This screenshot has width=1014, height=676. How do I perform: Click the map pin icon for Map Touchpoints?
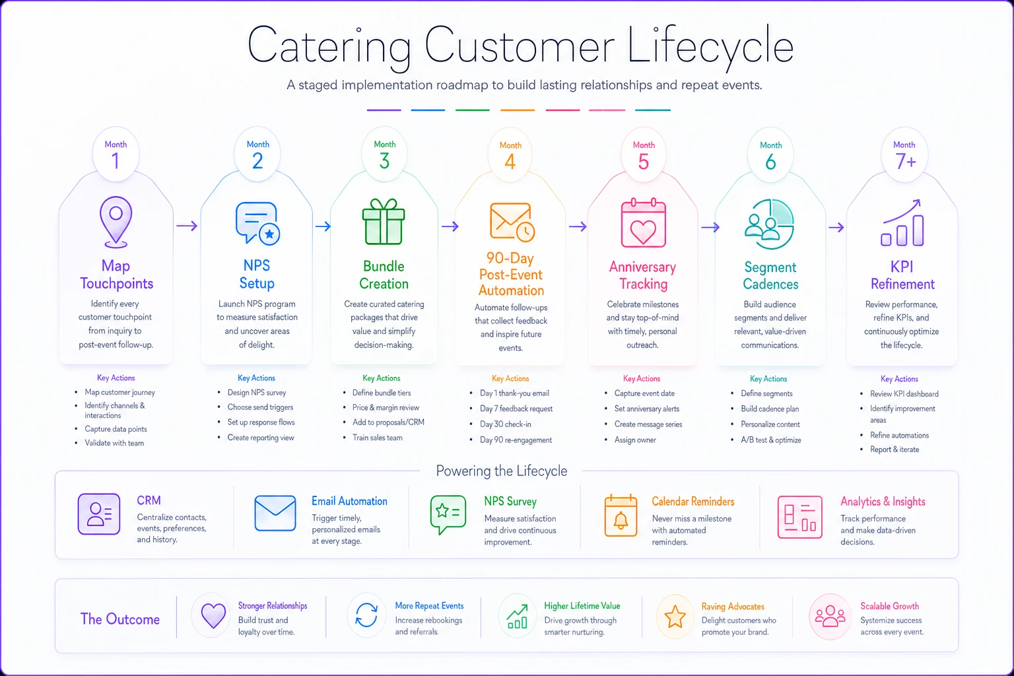pos(116,222)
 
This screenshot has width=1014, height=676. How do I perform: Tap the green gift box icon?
pos(384,222)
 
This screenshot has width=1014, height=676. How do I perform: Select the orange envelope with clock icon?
pos(512,222)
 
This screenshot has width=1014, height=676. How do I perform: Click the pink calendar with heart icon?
pos(643,222)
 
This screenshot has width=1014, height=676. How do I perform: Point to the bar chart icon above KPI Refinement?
pos(902,222)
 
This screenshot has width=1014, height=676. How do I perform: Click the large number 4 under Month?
pos(510,162)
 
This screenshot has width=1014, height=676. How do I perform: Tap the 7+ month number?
pos(905,161)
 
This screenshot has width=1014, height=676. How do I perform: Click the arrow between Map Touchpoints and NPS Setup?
pos(187,226)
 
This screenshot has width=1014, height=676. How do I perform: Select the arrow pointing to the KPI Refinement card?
pos(836,227)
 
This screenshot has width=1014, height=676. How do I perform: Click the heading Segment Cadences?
pos(770,275)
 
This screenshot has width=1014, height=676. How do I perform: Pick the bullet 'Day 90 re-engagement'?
pos(516,440)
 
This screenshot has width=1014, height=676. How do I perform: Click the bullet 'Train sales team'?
pos(378,438)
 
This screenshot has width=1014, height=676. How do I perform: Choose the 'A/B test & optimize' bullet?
pos(771,440)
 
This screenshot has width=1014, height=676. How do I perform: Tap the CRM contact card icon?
pos(98,514)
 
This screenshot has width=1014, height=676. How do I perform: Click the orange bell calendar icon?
pos(621,516)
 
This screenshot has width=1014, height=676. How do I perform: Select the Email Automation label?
pos(349,501)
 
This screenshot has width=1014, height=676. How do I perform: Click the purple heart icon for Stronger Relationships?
pos(213,616)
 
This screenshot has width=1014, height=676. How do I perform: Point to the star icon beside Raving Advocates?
pos(675,617)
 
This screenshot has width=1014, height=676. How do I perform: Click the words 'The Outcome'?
pos(120,619)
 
